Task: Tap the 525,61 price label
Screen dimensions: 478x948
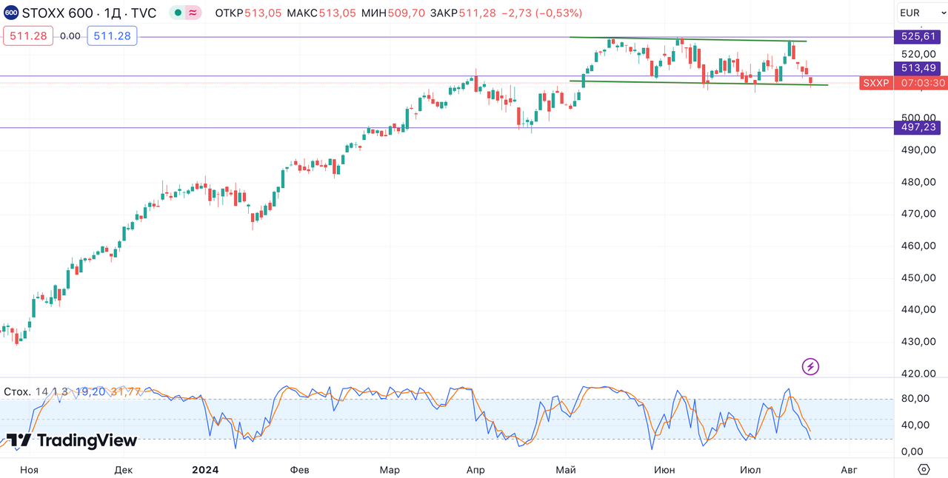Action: click(919, 36)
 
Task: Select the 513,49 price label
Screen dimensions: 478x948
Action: click(919, 68)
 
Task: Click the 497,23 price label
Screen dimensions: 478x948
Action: click(919, 127)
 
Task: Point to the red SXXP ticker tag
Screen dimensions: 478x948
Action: click(876, 83)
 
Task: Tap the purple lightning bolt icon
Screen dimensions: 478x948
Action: click(811, 366)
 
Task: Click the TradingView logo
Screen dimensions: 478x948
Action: click(72, 440)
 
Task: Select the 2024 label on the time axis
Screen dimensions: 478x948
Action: click(204, 469)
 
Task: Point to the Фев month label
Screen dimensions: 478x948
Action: click(299, 469)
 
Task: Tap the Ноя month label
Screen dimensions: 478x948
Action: click(29, 469)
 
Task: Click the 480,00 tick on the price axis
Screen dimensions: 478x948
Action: click(918, 182)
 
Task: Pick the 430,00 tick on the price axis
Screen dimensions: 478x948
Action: click(918, 342)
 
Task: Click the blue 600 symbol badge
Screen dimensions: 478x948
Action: click(11, 13)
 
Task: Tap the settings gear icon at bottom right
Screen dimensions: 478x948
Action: click(924, 469)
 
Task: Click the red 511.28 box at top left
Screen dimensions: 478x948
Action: click(28, 36)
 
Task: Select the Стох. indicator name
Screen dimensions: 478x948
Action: click(17, 391)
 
